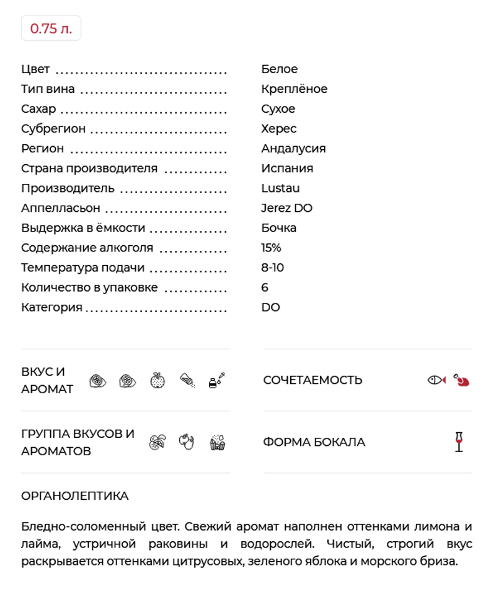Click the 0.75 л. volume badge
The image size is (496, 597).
pos(51,28)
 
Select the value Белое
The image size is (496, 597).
pos(279,69)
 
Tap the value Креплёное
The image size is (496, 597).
pos(294,89)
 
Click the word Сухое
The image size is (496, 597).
pos(278,109)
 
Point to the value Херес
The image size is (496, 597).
pos(278,129)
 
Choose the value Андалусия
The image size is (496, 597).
pos(293,149)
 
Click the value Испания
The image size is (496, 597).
pos(287,168)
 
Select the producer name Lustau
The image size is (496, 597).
pos(280,188)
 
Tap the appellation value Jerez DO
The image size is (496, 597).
pos(286,208)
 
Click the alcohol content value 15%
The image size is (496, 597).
pos(271,248)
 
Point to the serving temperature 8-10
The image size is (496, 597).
pos(272,268)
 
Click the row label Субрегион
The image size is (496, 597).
pos(53,129)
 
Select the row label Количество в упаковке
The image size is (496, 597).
pos(89,287)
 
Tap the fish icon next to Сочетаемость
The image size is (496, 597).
pos(436,380)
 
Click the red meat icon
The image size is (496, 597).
pos(461,380)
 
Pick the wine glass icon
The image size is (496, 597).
pos(459,442)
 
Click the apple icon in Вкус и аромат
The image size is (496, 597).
pos(157,380)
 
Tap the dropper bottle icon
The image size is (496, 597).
pos(216,380)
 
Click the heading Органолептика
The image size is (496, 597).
pos(75,496)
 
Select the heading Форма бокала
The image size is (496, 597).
pos(314,442)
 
